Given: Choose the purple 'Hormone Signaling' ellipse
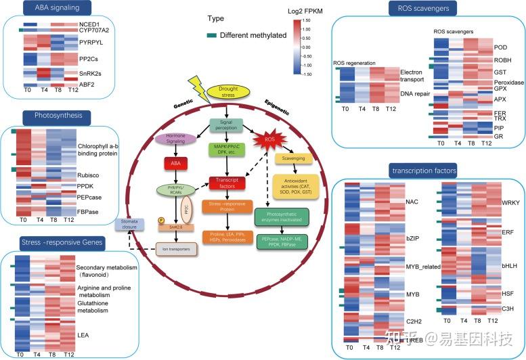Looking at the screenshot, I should [x=175, y=138].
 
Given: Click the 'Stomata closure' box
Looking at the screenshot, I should [x=131, y=225].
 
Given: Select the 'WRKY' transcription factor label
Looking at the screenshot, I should [x=491, y=202].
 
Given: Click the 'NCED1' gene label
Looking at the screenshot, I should [x=88, y=24].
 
